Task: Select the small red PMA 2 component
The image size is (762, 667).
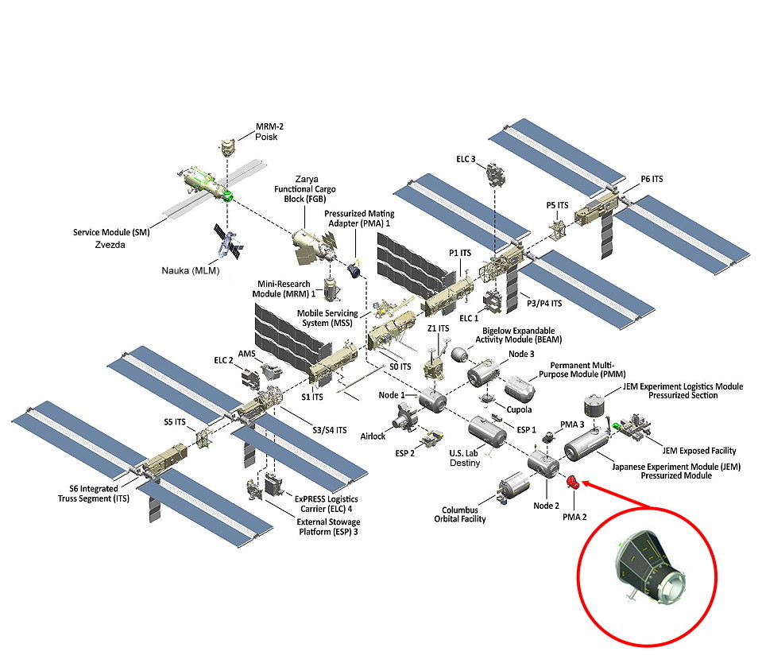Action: (570, 481)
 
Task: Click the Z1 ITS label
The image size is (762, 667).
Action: (439, 328)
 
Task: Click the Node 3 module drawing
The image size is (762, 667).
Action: (482, 372)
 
